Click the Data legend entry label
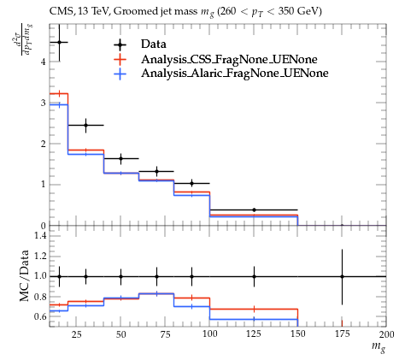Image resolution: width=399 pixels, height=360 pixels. (154, 44)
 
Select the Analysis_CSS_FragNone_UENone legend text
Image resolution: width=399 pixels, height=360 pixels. (229, 59)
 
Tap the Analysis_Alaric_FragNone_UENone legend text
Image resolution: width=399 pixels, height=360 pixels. (235, 74)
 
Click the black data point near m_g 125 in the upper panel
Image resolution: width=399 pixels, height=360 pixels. (254, 210)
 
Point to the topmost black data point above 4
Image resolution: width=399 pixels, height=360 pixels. (59, 42)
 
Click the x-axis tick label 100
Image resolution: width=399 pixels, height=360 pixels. (209, 333)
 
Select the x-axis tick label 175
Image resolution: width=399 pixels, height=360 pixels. (342, 333)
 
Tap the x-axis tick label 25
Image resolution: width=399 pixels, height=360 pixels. (77, 333)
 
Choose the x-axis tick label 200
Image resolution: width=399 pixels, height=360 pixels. (386, 333)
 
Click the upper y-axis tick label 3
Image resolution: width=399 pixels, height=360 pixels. (44, 103)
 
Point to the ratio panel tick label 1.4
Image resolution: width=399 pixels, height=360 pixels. (40, 235)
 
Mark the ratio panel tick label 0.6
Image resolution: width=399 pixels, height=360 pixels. (40, 316)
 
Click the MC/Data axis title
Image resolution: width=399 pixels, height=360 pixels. (25, 276)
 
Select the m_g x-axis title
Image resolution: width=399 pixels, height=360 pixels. (378, 347)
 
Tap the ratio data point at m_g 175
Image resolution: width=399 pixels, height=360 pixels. (342, 276)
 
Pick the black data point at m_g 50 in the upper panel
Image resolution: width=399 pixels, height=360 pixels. (120, 158)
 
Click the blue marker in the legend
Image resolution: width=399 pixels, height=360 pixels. (120, 74)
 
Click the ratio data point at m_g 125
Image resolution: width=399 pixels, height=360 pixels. (254, 276)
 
